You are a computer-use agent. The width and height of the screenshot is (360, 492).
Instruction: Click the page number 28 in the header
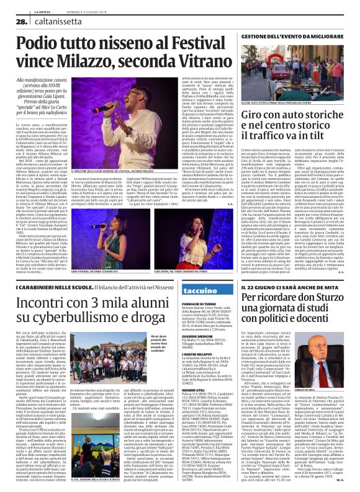tap(14, 22)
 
